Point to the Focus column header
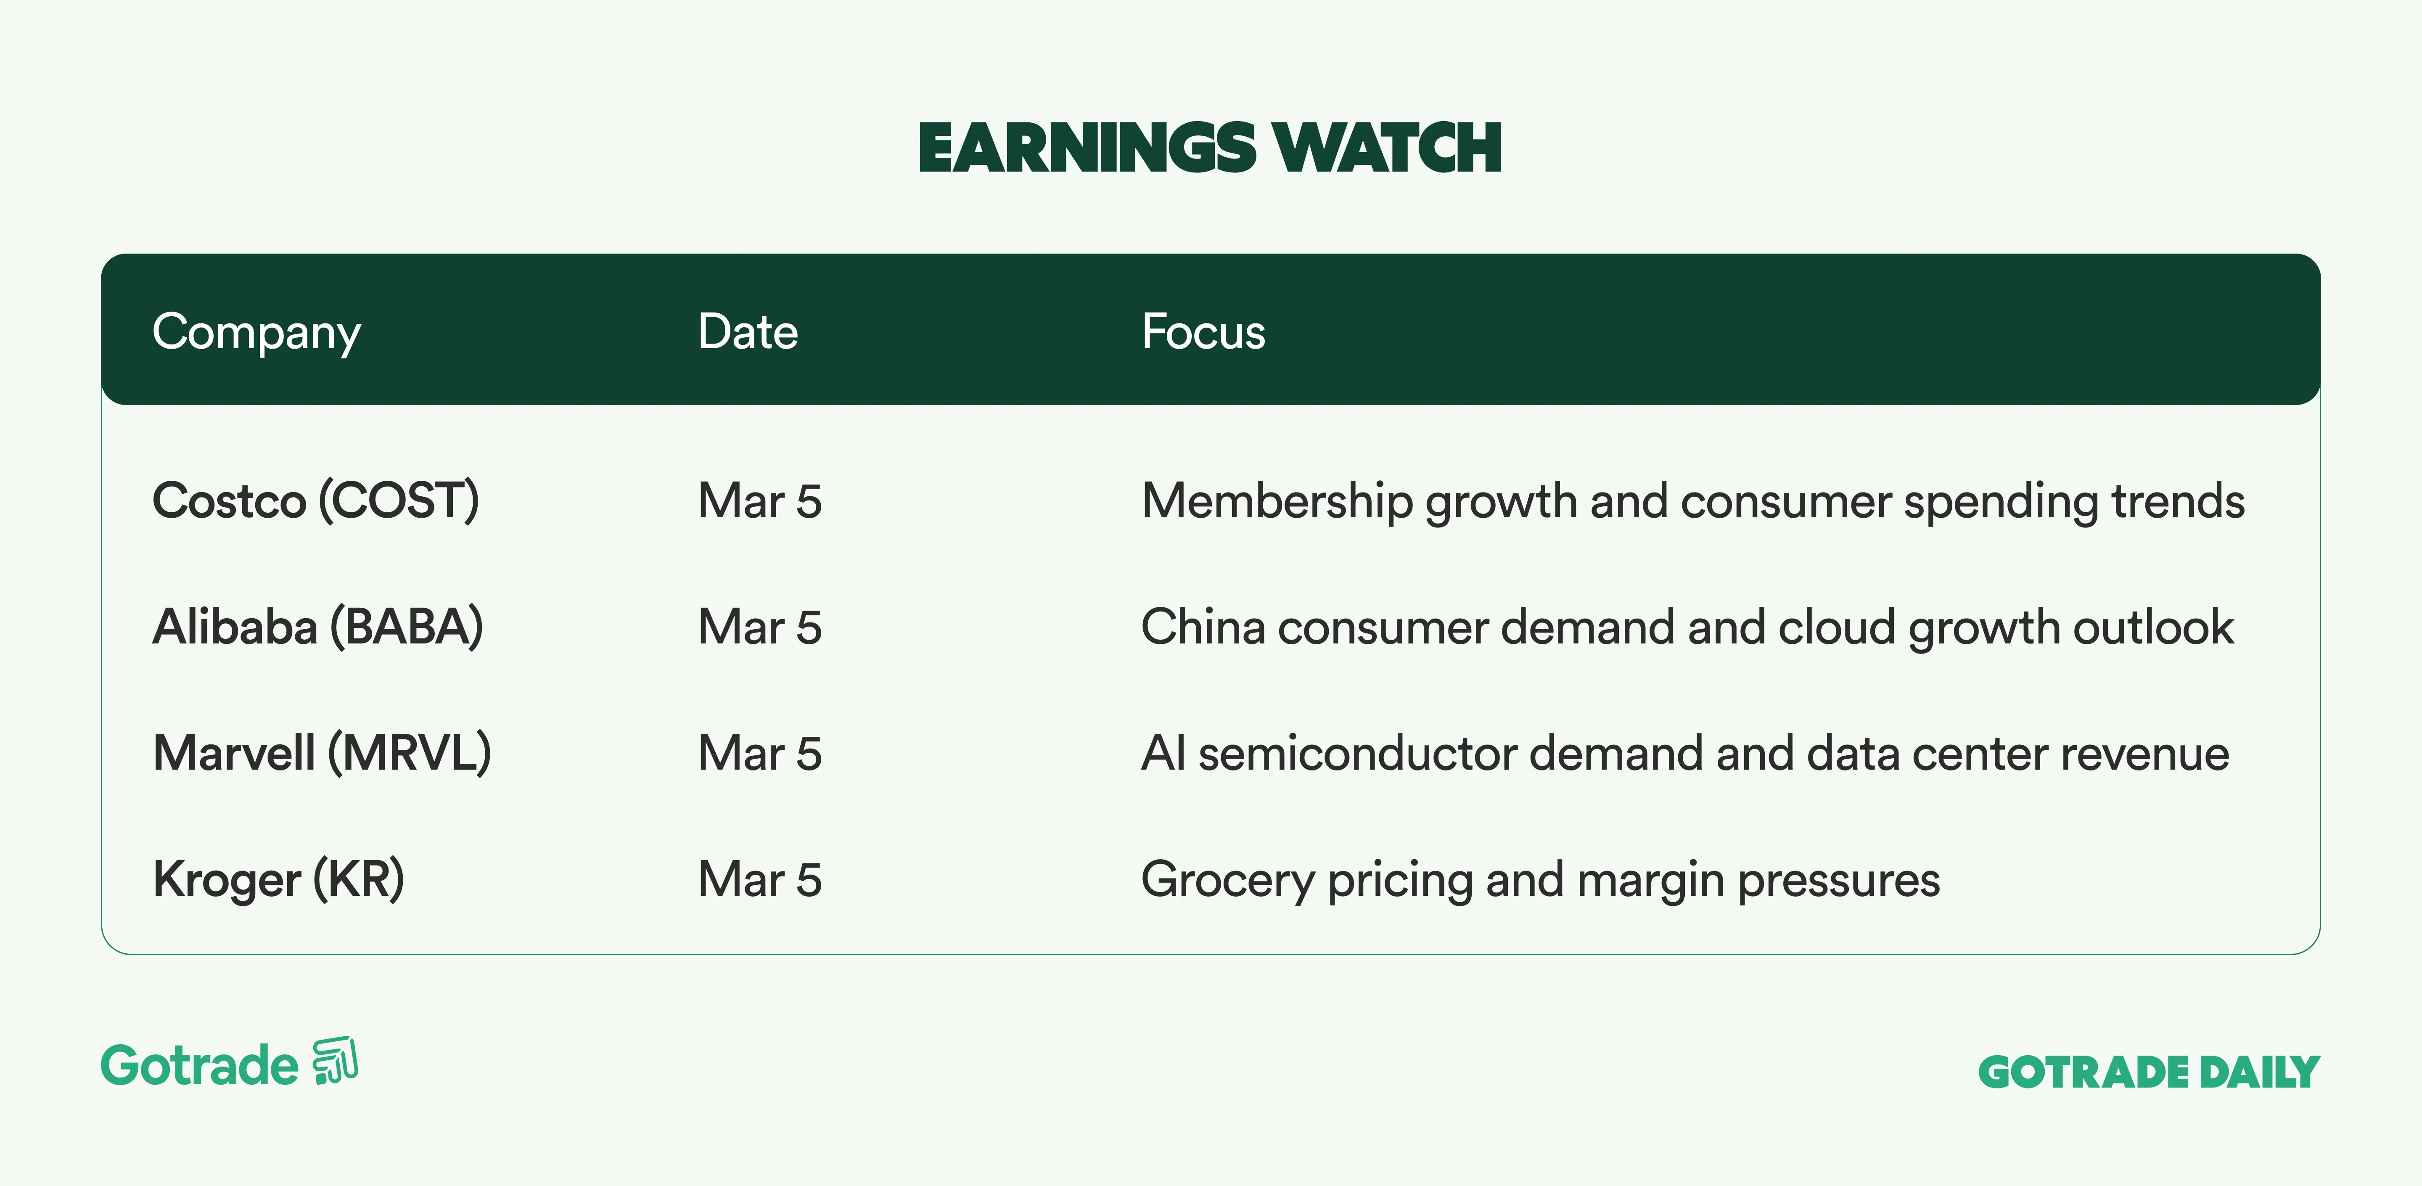pyautogui.click(x=1203, y=332)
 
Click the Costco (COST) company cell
pyautogui.click(x=316, y=500)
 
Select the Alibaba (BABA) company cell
pyautogui.click(x=318, y=627)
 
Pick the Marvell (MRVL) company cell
pyautogui.click(x=322, y=753)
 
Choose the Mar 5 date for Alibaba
pyautogui.click(x=760, y=627)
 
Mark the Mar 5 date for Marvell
pyautogui.click(x=760, y=753)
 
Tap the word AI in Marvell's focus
pyautogui.click(x=1163, y=753)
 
